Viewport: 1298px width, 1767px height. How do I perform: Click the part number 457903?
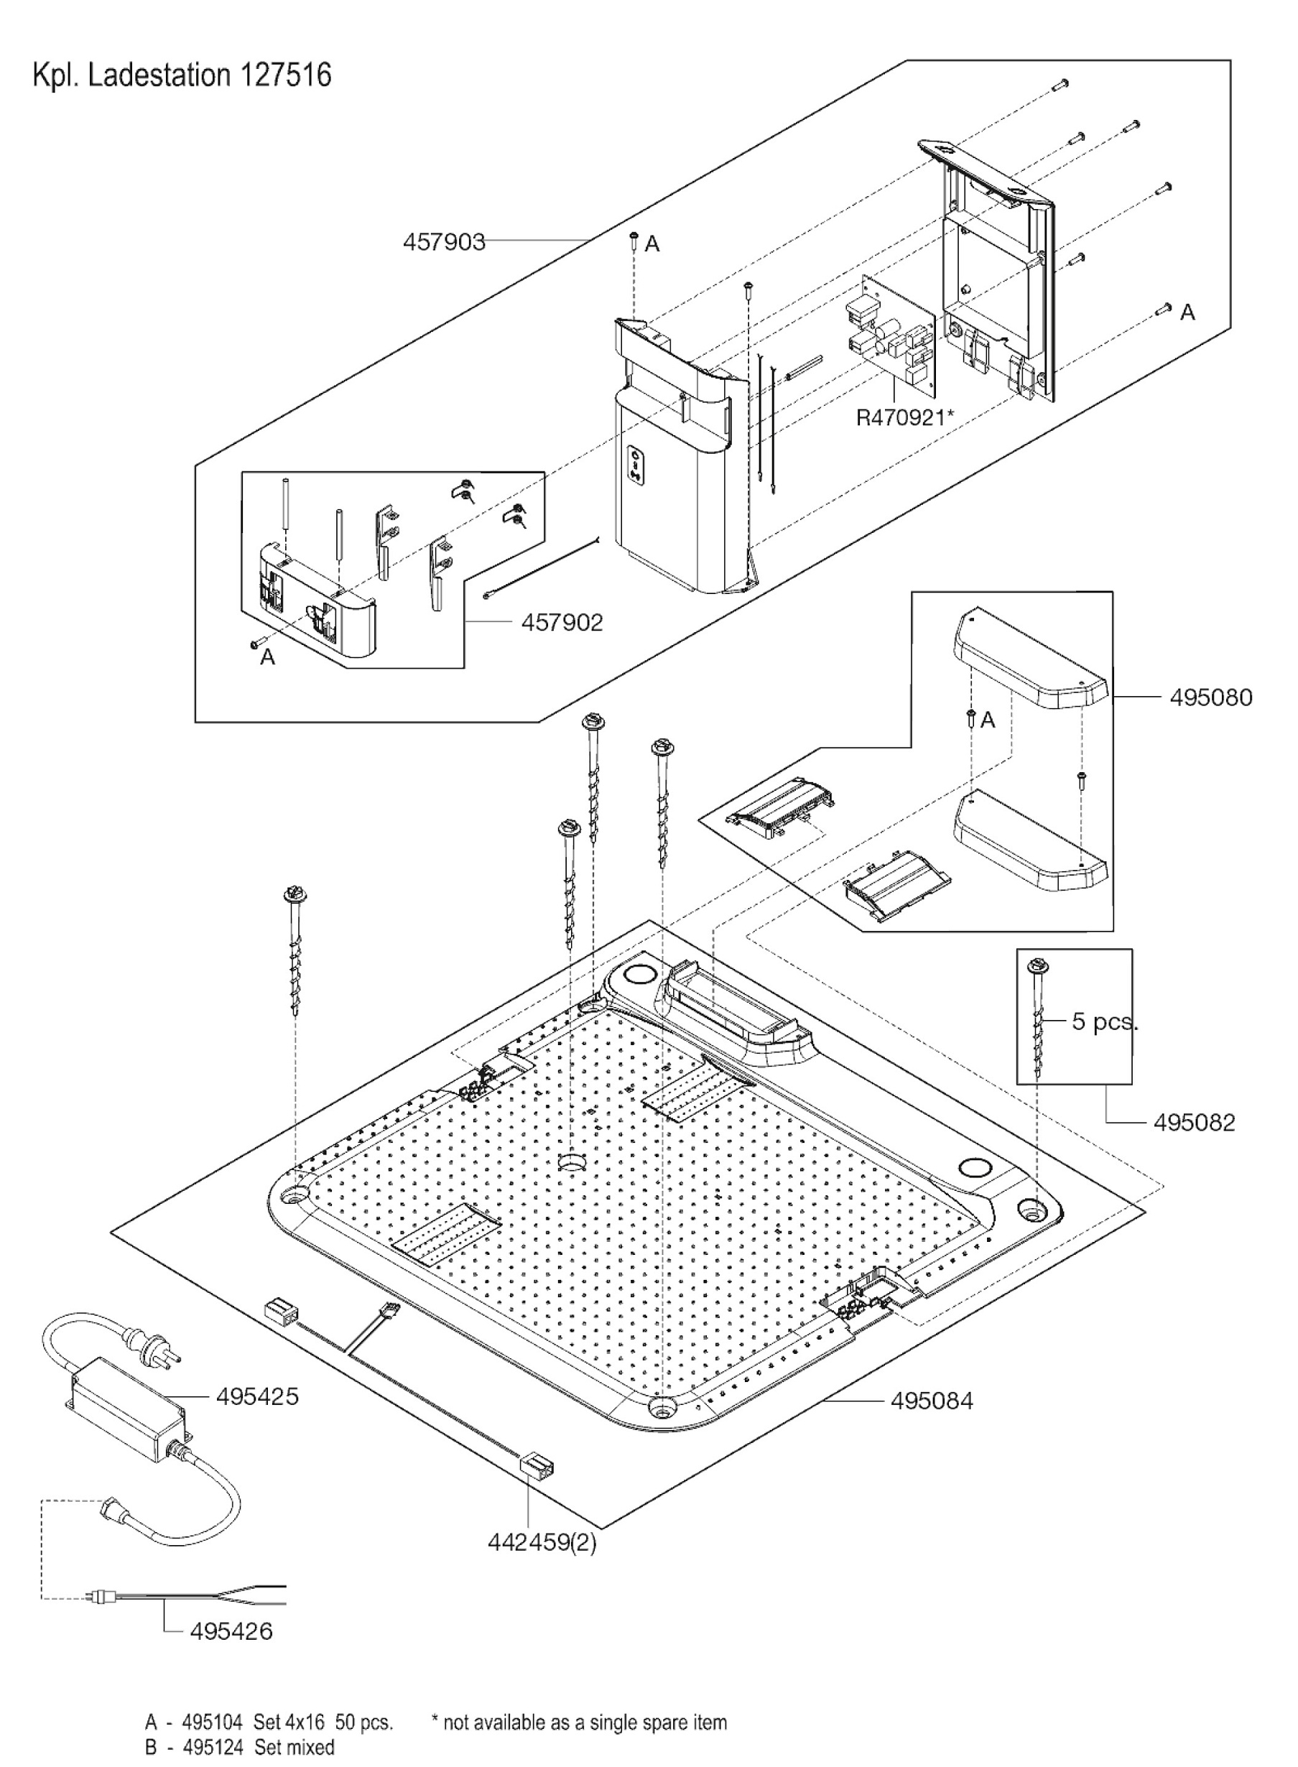[444, 241]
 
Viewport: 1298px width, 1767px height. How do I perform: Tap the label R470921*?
[904, 417]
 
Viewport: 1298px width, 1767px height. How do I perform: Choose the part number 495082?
[1194, 1122]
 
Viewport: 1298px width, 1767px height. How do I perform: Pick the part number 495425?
[257, 1396]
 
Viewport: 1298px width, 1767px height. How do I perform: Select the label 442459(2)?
[542, 1542]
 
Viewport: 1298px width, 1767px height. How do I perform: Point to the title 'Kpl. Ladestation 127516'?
[182, 75]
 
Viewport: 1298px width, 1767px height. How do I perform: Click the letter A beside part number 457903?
[652, 244]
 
